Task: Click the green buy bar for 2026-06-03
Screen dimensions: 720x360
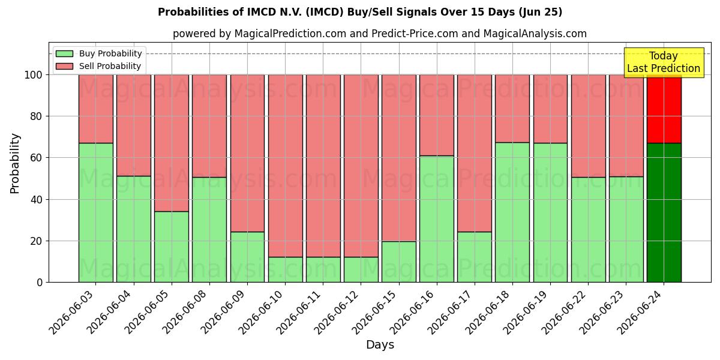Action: tap(96, 212)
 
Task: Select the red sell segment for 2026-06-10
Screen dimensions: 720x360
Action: tap(286, 166)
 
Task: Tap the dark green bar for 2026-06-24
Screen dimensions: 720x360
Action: tap(664, 212)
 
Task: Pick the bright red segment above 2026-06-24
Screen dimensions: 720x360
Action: tap(664, 109)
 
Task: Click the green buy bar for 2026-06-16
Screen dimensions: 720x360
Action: tap(437, 219)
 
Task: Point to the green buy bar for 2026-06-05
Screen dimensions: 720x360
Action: tap(172, 247)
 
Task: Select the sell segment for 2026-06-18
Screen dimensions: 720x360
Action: tap(512, 109)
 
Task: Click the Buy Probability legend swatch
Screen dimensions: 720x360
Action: tap(64, 53)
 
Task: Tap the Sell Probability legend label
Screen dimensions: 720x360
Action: tap(110, 66)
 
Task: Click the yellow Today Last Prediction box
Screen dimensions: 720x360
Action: tap(664, 62)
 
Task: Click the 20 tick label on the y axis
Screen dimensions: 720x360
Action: tap(36, 241)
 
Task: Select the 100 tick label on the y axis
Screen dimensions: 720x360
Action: tap(34, 75)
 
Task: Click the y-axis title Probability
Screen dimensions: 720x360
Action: tap(15, 164)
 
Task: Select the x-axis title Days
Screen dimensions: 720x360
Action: tap(380, 345)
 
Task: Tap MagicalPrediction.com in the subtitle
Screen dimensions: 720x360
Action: tap(290, 34)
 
